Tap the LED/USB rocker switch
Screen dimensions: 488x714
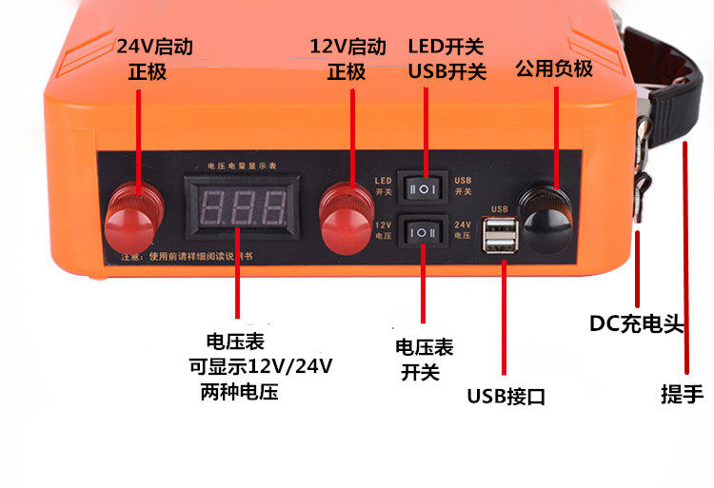(425, 188)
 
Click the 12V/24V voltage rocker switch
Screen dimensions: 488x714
(425, 230)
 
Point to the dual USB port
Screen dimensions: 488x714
(501, 237)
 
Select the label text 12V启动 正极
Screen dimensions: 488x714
(347, 59)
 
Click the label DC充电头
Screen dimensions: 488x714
(637, 323)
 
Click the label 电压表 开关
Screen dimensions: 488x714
(420, 359)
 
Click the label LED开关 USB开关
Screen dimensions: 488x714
(446, 59)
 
